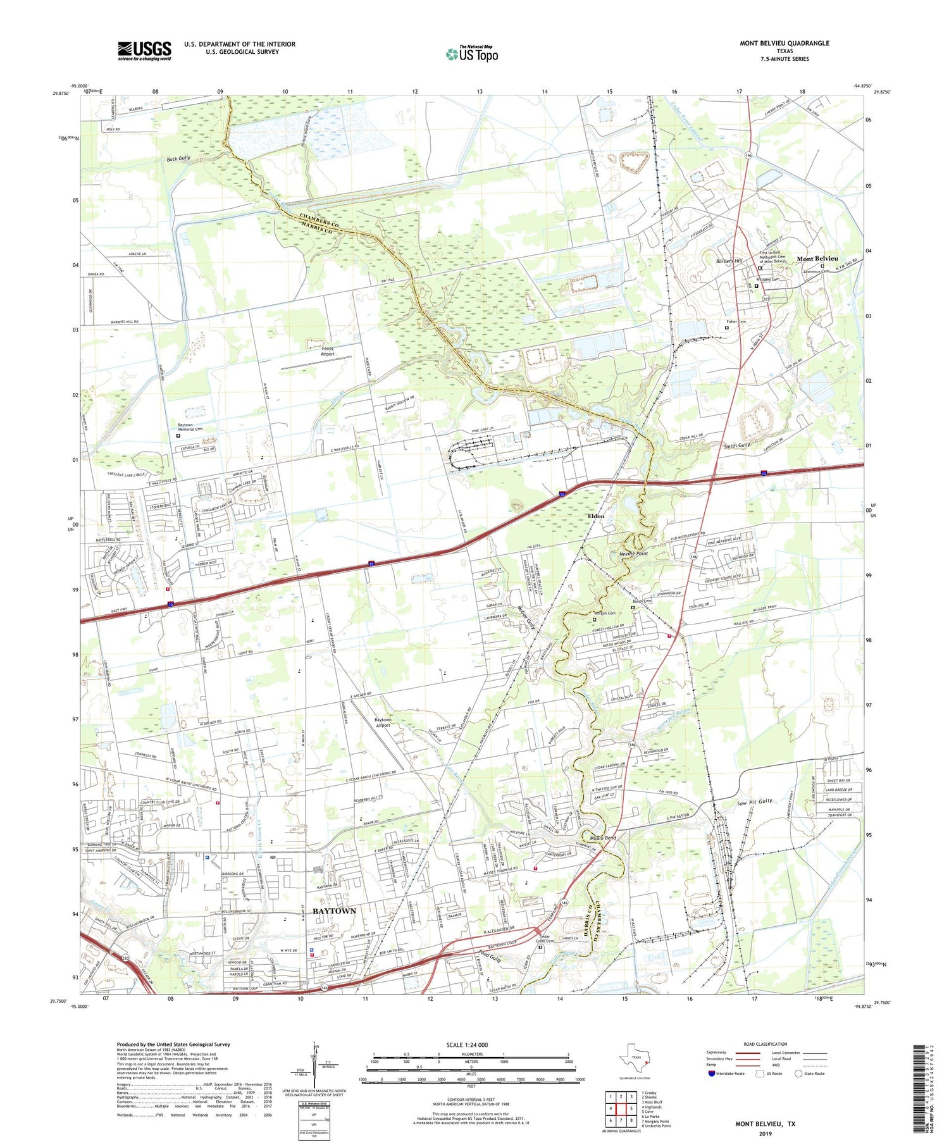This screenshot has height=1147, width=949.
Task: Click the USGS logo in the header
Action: coord(144,51)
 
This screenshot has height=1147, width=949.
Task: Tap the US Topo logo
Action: coord(471,54)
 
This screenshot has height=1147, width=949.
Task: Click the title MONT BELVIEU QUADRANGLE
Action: coord(784,43)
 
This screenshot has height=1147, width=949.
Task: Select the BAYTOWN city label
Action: coord(334,910)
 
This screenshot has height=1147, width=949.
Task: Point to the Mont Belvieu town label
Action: coord(817,259)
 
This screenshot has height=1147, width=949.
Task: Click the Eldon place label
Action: coord(596,516)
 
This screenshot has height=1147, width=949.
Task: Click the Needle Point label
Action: coord(633,554)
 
